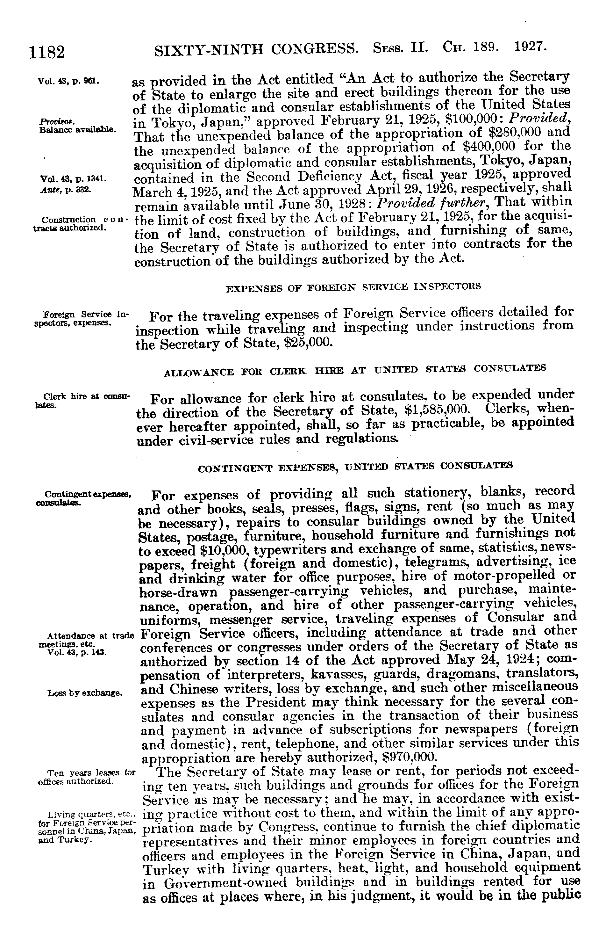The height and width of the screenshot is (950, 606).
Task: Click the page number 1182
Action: [46, 52]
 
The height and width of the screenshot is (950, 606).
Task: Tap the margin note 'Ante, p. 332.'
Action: [66, 189]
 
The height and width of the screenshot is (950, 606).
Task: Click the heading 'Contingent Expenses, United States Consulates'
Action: [355, 467]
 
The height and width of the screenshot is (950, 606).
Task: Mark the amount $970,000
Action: [409, 757]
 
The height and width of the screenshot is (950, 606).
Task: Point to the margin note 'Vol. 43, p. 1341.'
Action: [71, 179]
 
